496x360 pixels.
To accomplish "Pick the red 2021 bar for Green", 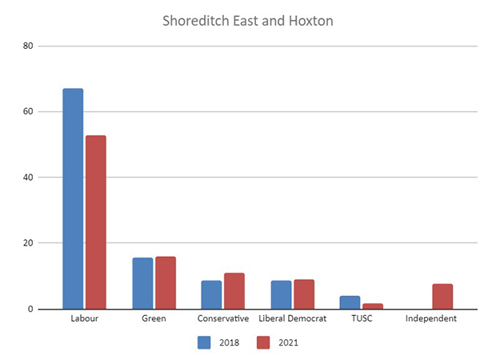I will coord(166,282).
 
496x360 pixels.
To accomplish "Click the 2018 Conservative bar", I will coord(211,294).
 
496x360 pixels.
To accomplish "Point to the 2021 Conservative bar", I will coord(234,290).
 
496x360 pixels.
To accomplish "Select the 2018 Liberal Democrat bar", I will coord(281,294).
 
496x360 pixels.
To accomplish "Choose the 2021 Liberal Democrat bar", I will coord(304,294).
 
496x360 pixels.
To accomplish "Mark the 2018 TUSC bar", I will coord(350,302).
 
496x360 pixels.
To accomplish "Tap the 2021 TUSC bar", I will coord(373,306).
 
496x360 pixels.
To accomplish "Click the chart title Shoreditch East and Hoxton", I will coord(248,21).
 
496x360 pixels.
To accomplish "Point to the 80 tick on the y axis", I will coord(28,46).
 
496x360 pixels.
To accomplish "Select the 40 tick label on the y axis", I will coord(28,177).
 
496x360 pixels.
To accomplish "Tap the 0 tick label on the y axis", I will coord(30,309).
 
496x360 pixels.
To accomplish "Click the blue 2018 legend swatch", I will coord(205,342).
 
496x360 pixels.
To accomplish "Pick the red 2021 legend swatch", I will coord(265,342).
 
